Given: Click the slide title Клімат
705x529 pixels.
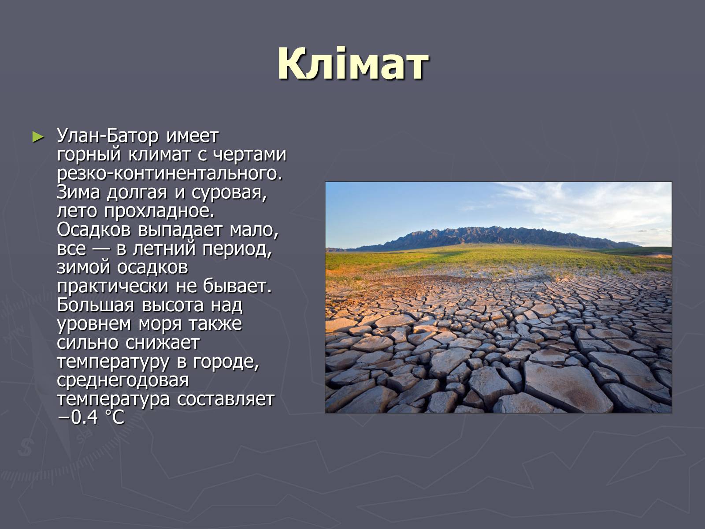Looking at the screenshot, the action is point(352,63).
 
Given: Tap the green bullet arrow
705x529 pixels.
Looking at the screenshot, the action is point(38,137).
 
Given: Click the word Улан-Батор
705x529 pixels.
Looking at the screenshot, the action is point(108,136).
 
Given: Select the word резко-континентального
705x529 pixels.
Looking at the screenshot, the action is point(170,174).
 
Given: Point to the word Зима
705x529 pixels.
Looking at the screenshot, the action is point(78,192).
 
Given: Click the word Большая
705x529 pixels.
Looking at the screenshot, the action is point(95,305).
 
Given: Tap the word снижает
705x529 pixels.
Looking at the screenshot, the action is point(163,343).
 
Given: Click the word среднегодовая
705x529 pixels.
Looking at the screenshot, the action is point(122,380).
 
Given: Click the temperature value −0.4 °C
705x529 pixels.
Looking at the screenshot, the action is point(91,418).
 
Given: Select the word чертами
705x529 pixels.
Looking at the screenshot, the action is point(249,154).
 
